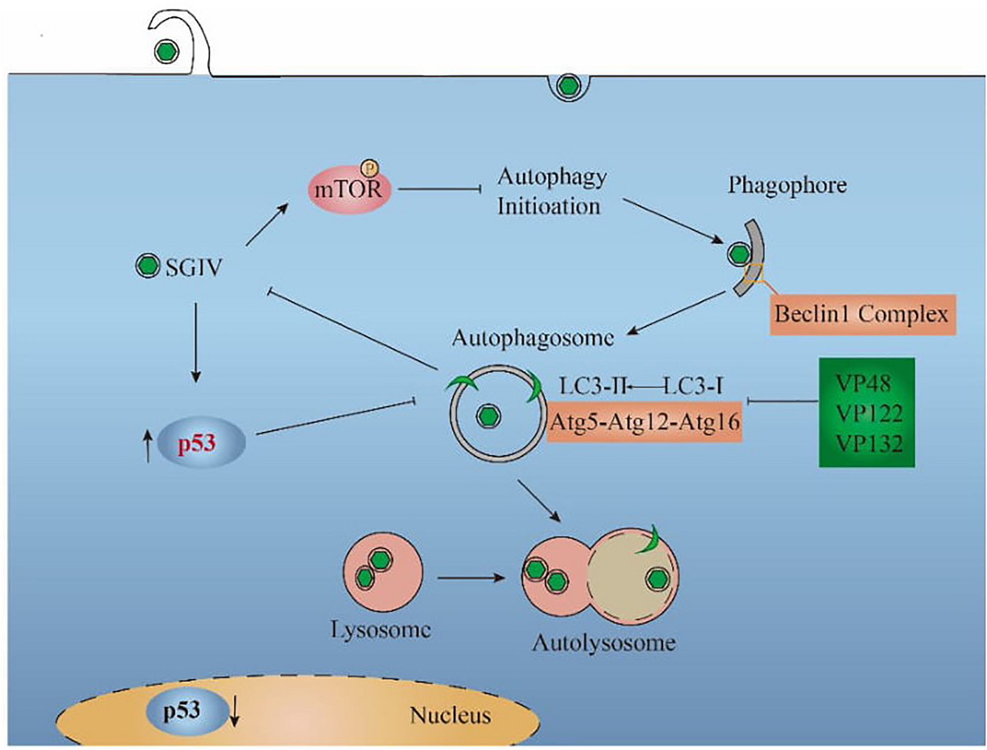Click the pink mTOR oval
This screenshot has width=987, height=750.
[349, 190]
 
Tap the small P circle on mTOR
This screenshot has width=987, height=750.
[369, 168]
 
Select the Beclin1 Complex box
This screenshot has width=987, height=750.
[862, 315]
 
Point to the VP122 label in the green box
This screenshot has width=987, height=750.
[869, 413]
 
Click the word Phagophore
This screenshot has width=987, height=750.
[787, 186]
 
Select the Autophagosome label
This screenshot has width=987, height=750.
[532, 339]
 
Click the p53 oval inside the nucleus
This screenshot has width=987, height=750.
[183, 711]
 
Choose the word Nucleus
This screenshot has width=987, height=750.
[450, 715]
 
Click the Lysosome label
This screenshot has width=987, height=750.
[380, 630]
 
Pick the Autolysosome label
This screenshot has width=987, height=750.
[604, 643]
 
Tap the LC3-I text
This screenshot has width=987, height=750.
[693, 386]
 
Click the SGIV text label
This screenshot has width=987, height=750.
[193, 268]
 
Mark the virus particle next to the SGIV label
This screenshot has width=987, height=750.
[148, 266]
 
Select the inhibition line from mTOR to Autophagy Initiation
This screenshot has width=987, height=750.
[439, 189]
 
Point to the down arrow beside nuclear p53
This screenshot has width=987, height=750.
[235, 713]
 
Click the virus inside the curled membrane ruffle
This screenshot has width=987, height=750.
[166, 51]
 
